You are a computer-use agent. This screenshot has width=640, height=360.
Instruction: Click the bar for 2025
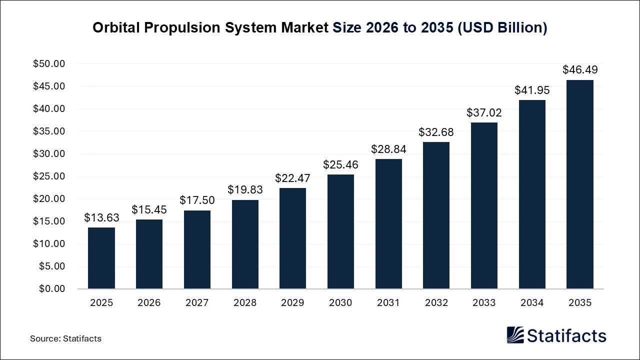[x=101, y=258]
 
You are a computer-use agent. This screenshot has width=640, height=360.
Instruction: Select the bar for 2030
[x=340, y=231]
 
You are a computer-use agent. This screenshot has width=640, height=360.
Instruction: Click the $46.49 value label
[x=580, y=69]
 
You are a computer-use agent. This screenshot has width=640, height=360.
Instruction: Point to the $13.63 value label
[x=101, y=217]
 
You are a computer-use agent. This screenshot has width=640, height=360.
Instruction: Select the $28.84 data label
[x=388, y=149]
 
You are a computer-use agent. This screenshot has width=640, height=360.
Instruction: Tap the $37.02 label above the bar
[x=484, y=112]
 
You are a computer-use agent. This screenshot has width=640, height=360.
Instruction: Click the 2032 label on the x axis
[x=436, y=303]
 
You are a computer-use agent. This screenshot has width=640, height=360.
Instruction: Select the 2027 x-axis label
[x=197, y=303]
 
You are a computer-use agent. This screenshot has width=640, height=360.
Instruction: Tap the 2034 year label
[x=532, y=303]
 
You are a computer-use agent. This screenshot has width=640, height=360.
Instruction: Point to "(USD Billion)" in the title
[x=502, y=28]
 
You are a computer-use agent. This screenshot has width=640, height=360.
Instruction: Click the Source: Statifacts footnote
[x=65, y=338]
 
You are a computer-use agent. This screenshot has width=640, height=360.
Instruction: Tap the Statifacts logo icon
[x=515, y=335]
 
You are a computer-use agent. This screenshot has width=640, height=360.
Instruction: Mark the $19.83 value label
[x=245, y=189]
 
